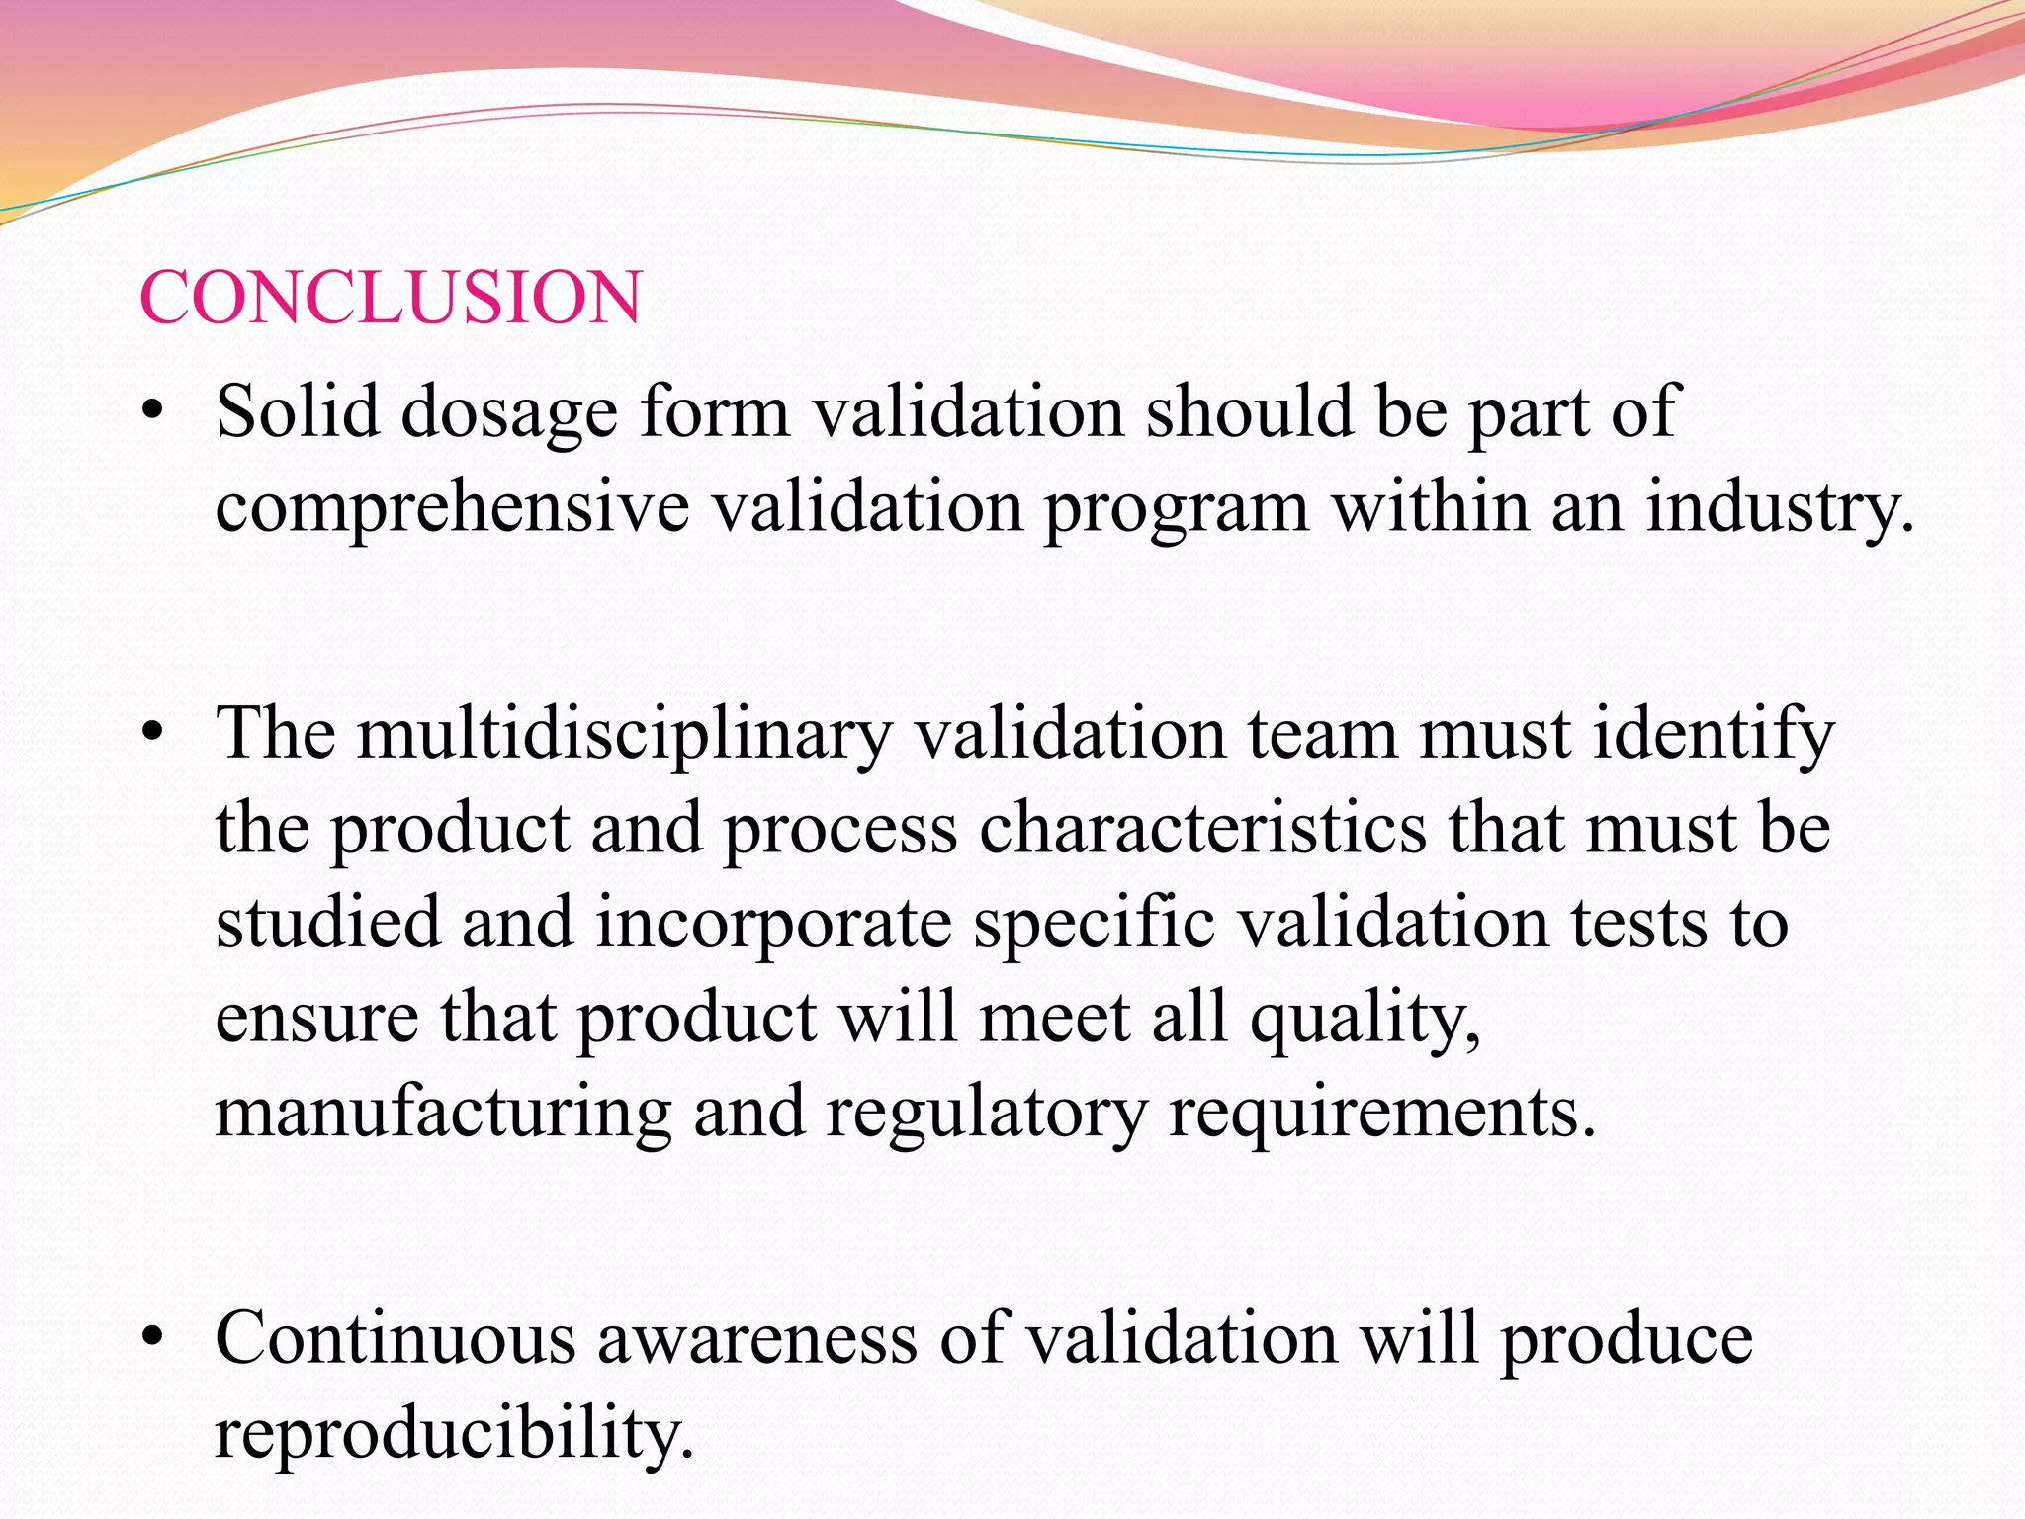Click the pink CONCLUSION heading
point(391,297)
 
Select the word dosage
point(508,413)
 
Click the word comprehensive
point(452,508)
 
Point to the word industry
point(1779,508)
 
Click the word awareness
point(757,1339)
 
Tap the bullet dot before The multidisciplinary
point(151,735)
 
